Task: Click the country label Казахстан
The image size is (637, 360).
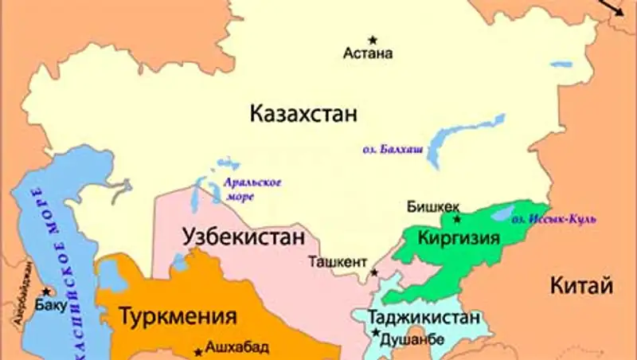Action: (x=303, y=113)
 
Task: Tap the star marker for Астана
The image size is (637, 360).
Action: (x=372, y=40)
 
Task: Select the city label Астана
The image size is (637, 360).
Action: (x=368, y=55)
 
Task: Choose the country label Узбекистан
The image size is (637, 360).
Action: (x=244, y=237)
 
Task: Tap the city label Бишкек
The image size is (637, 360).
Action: (x=431, y=205)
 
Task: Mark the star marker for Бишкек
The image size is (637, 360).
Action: (x=456, y=218)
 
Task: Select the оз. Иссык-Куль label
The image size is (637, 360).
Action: (x=553, y=218)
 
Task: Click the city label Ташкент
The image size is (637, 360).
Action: (x=338, y=261)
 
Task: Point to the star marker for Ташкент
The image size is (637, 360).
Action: (x=373, y=272)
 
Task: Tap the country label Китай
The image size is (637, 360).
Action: (x=581, y=284)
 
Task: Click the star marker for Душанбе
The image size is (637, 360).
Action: (x=375, y=333)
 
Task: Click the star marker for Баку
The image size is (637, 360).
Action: (x=46, y=292)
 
